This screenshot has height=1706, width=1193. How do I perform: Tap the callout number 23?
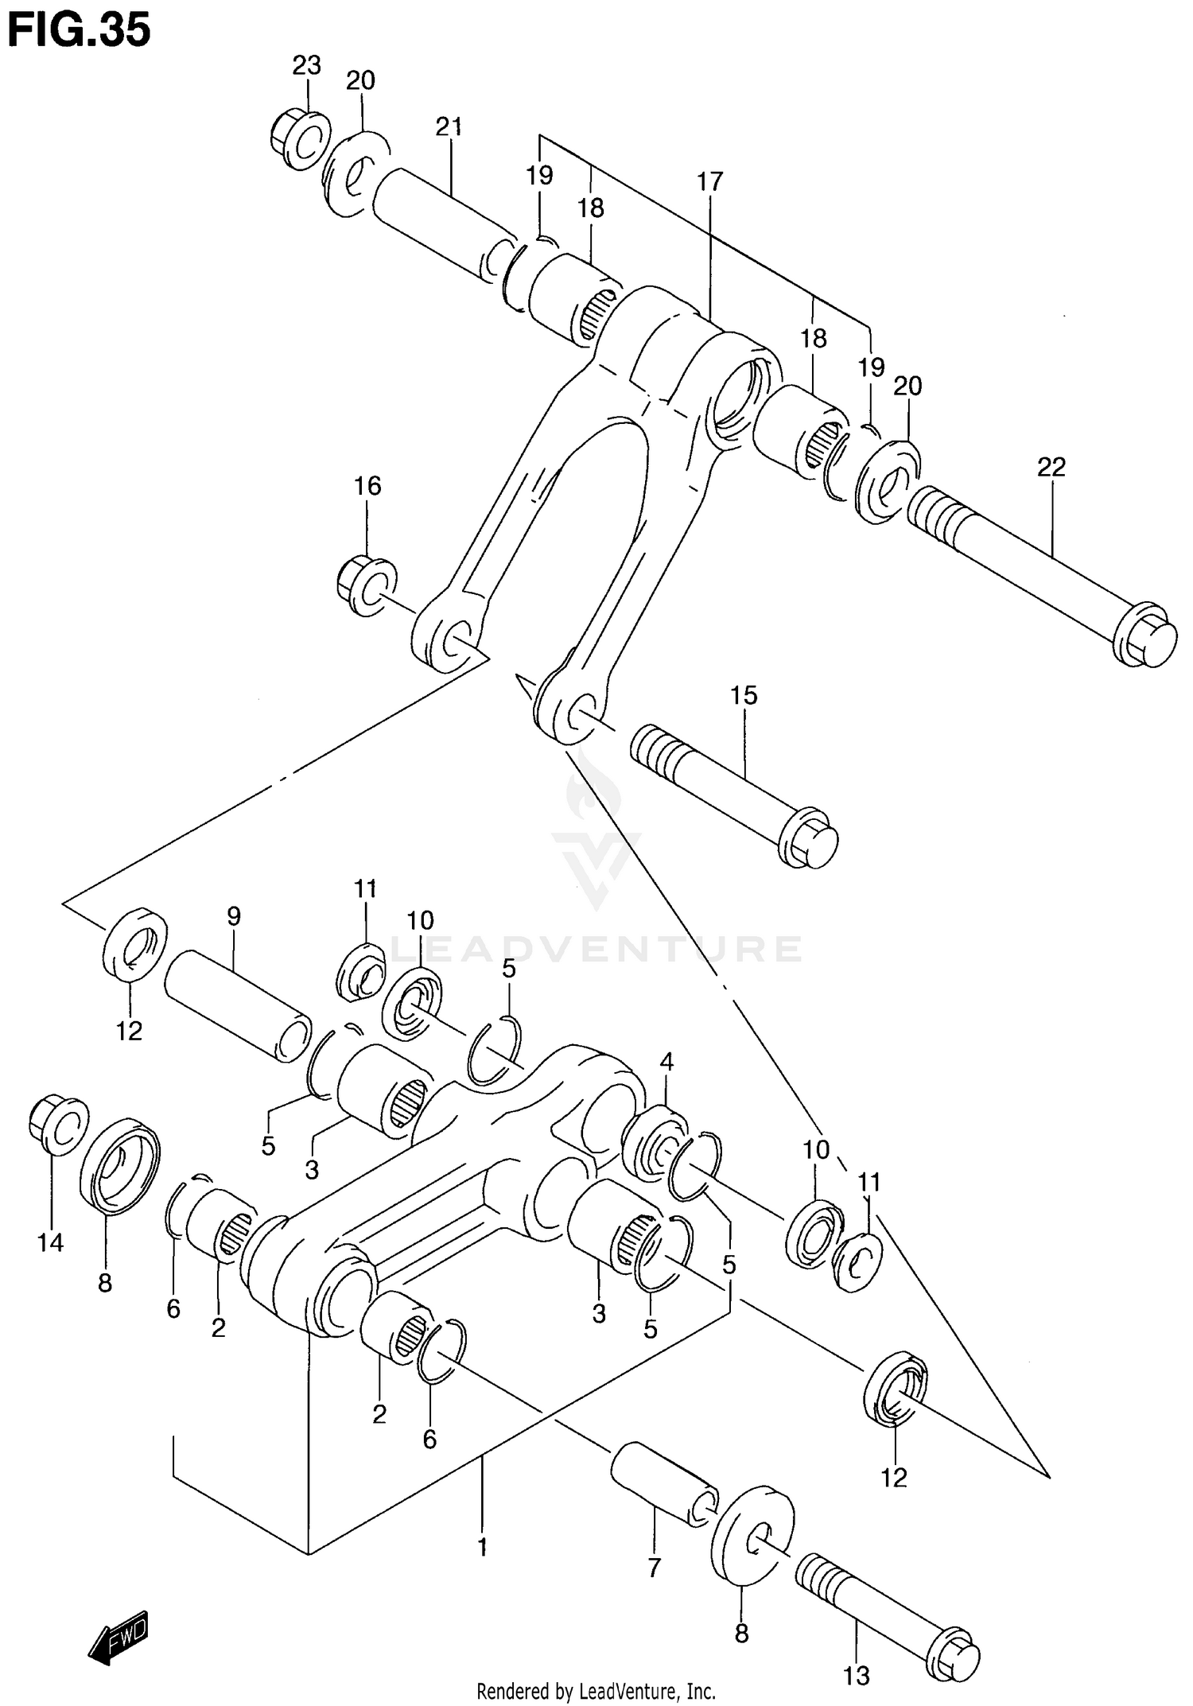(x=305, y=65)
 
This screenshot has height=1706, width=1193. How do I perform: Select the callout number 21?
(x=449, y=126)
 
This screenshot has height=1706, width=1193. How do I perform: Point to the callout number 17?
(x=710, y=182)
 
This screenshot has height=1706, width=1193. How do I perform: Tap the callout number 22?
(x=1051, y=467)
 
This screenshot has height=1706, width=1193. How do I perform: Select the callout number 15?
(x=744, y=695)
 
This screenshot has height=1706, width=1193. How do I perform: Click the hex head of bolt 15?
(x=809, y=841)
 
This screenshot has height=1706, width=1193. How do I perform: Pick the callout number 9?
(x=233, y=916)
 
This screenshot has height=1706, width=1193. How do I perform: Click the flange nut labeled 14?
(x=57, y=1124)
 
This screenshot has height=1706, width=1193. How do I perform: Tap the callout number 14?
(x=50, y=1242)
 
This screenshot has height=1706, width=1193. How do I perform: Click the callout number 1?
(x=481, y=1547)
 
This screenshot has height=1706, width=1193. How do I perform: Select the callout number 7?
(x=654, y=1568)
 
